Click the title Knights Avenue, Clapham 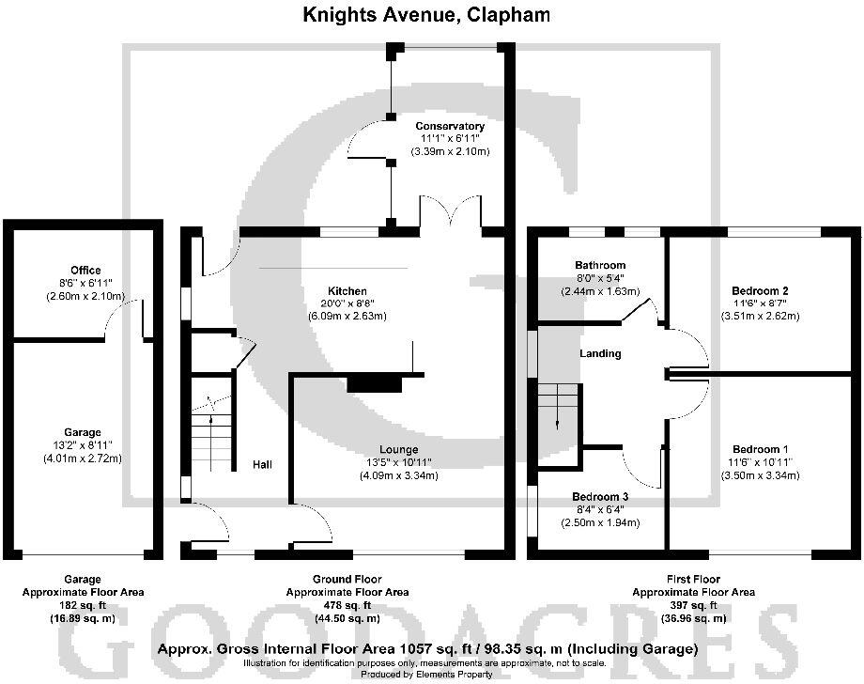425,14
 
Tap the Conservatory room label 450,126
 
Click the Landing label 601,353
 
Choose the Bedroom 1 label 761,449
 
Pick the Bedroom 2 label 761,290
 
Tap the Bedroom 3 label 600,496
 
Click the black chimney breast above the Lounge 374,382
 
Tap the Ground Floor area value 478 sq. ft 347,605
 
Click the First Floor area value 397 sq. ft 693,605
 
